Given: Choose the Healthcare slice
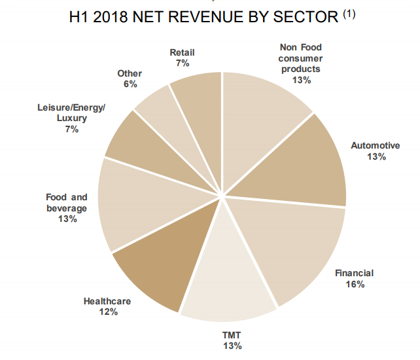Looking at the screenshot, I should pos(157,268).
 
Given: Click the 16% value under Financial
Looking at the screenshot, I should pos(356,284).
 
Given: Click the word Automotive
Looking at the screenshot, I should pos(375,145).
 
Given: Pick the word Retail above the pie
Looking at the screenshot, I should pos(182,52).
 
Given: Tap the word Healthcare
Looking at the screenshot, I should pos(107,301).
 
